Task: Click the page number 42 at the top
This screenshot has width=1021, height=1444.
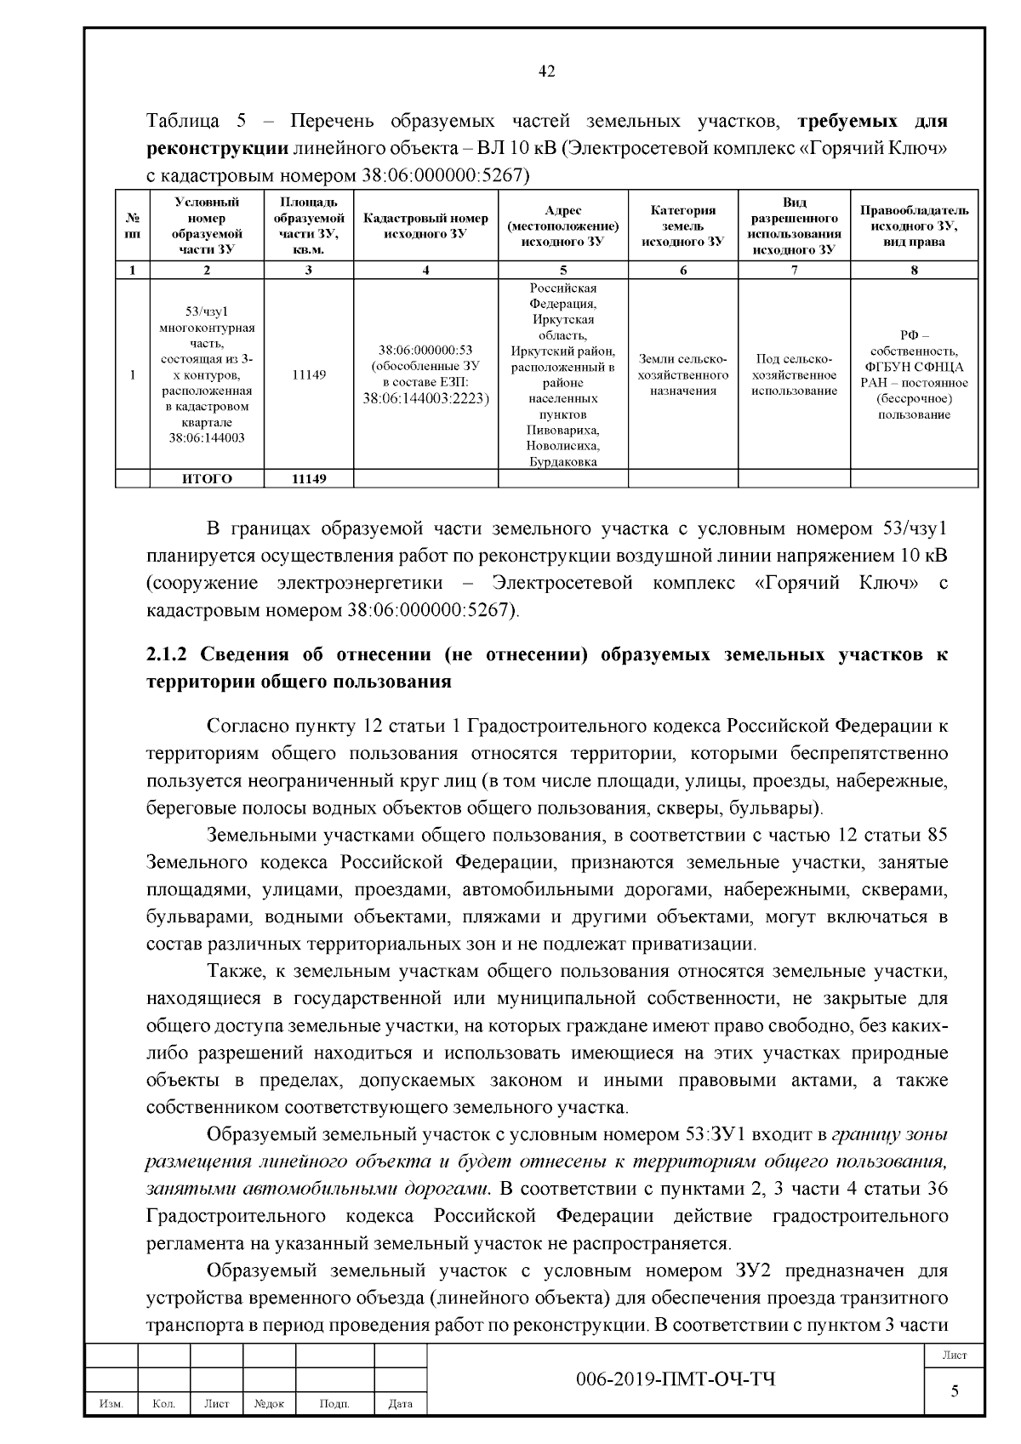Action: [547, 72]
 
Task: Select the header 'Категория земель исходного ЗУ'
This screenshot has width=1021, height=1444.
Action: [682, 225]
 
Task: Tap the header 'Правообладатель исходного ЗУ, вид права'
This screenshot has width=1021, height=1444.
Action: [913, 225]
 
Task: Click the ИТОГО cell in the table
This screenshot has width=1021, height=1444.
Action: [207, 478]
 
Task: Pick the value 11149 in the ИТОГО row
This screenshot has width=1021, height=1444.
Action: [308, 478]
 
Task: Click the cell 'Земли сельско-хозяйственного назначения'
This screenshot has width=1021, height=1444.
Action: [682, 374]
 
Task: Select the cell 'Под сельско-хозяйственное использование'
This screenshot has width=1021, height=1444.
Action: [794, 374]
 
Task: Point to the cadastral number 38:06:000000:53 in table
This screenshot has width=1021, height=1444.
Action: [425, 350]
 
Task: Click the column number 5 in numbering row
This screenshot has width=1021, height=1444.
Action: [562, 271]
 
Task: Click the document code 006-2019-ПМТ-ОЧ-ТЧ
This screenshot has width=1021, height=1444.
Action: [676, 1378]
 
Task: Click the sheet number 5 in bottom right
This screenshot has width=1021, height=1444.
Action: [954, 1390]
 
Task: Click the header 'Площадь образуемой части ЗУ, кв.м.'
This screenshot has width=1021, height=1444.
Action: [308, 225]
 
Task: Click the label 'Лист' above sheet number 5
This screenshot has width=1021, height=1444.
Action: [954, 1355]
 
